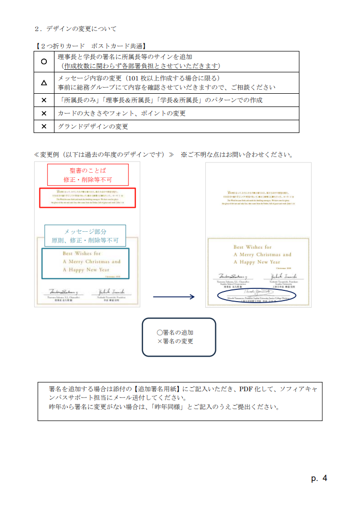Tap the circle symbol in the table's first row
44,61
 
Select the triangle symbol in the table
44,82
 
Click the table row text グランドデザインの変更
93,126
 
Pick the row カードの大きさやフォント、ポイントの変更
122,113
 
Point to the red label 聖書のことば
88,170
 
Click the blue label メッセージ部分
85,231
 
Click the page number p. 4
319,478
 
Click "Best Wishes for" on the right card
253,247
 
